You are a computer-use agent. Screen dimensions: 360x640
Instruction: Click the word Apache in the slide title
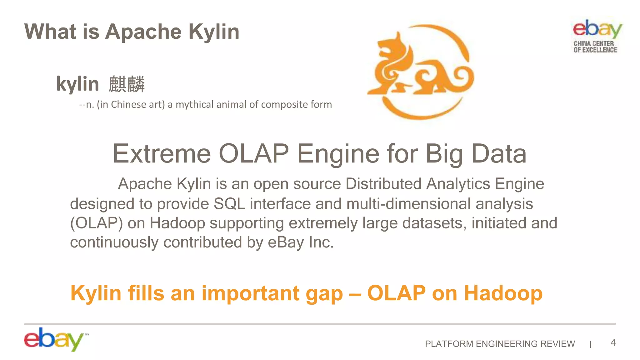pos(143,32)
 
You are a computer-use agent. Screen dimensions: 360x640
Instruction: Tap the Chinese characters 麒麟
pos(127,84)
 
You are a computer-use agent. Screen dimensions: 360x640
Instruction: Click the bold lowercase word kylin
pos(77,84)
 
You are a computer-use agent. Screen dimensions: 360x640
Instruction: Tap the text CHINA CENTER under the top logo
pos(593,43)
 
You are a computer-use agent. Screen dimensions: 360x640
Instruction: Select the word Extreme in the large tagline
pos(162,154)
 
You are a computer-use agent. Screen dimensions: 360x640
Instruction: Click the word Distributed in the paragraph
pos(383,184)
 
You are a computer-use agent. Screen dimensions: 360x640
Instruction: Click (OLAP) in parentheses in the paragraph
pos(96,223)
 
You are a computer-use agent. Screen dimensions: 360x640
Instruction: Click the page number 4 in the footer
pos(613,343)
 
